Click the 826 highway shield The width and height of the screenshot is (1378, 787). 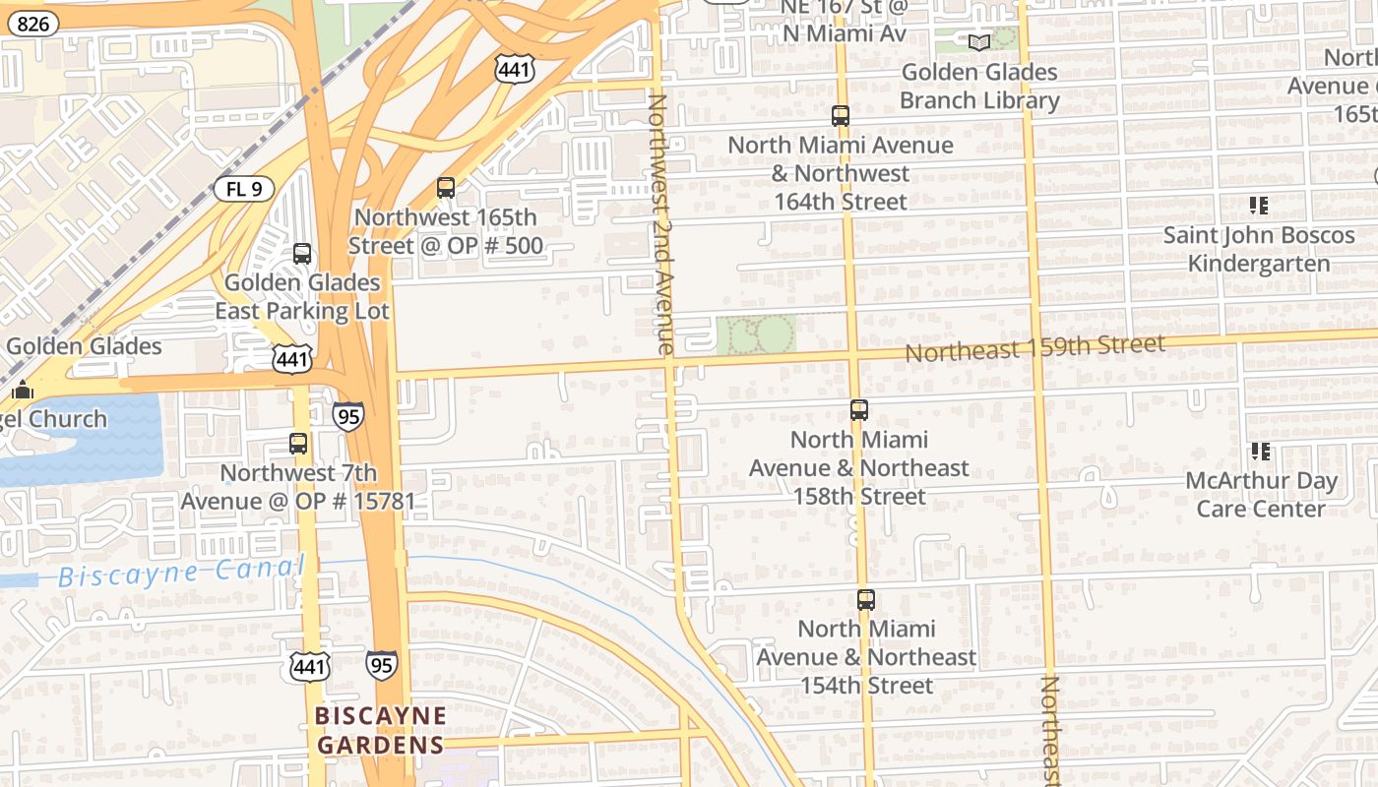tap(32, 24)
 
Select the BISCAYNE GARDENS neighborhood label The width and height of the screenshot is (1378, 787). tap(381, 730)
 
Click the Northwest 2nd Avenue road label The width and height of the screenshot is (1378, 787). tap(660, 223)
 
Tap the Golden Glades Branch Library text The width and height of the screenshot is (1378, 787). tap(979, 87)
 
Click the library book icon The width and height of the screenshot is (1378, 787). tap(978, 42)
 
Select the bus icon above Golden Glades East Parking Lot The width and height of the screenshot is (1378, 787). tap(302, 254)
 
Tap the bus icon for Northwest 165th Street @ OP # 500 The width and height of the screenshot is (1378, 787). tap(446, 188)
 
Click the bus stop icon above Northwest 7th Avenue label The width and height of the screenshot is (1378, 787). tap(298, 444)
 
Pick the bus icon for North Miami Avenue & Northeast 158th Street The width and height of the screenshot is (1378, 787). tap(859, 410)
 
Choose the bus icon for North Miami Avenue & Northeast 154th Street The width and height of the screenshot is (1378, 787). tap(865, 599)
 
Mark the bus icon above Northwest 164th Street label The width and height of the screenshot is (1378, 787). tap(841, 116)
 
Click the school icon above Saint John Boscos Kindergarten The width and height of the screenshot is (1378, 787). tap(1258, 206)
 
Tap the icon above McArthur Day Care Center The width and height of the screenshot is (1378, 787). tap(1260, 452)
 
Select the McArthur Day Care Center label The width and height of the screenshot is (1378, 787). tap(1261, 495)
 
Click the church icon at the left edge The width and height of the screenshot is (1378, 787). tap(22, 391)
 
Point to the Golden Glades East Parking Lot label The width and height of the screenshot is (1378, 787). tap(302, 297)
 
